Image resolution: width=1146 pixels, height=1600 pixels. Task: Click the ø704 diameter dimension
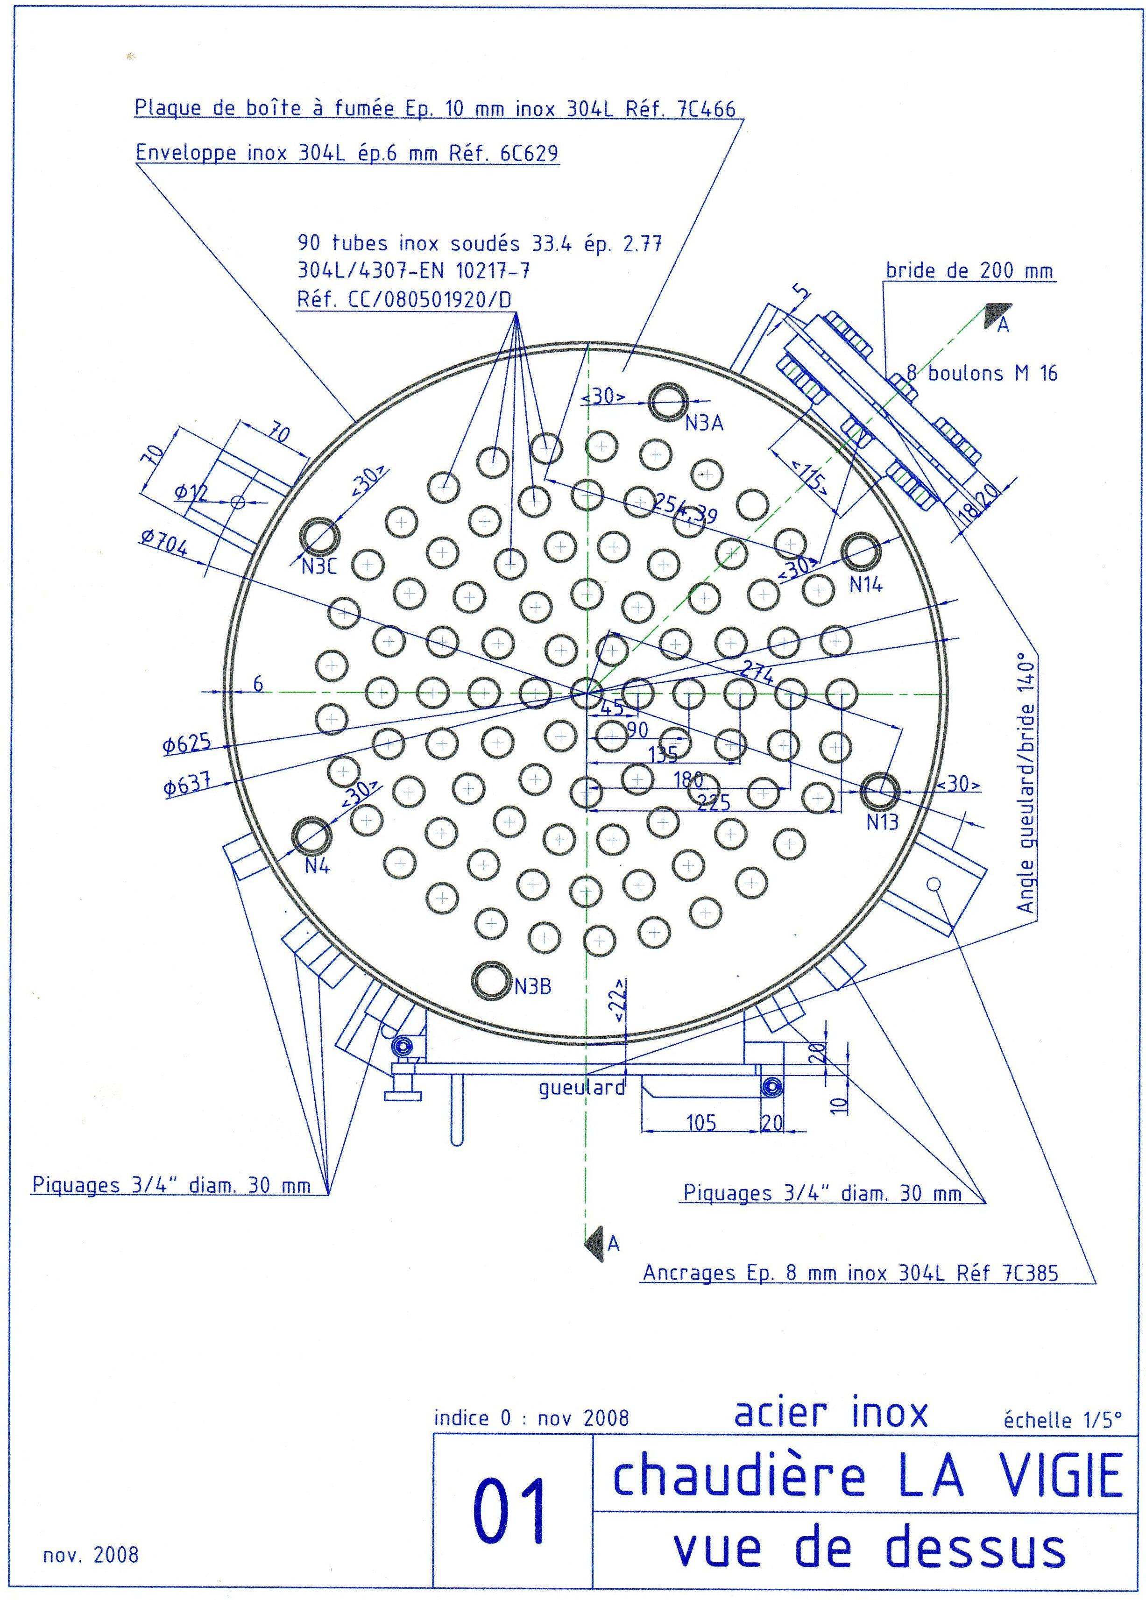click(x=163, y=544)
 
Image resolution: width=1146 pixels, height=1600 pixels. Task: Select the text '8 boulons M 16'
click(x=982, y=373)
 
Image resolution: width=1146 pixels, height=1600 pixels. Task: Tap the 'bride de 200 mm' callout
click(x=969, y=270)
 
